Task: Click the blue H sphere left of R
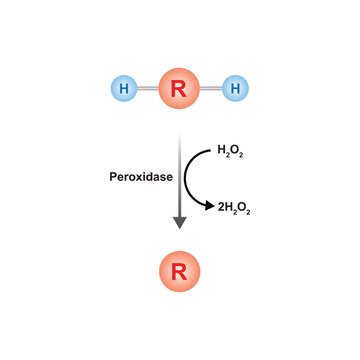point(124,88)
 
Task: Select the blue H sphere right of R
point(235,88)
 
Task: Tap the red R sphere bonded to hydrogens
point(179,88)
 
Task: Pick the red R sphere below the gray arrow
point(180,271)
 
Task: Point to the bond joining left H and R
point(148,88)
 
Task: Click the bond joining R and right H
point(211,88)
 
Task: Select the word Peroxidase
point(141,177)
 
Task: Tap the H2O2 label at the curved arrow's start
point(230,151)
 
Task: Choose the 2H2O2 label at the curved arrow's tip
point(234,209)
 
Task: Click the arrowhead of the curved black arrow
point(210,206)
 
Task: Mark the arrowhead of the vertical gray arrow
point(180,222)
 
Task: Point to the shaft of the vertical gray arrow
point(180,176)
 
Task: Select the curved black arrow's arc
point(185,177)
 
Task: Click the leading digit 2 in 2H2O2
point(221,208)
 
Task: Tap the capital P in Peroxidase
point(113,177)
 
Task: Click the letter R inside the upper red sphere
point(179,89)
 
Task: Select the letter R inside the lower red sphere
point(179,272)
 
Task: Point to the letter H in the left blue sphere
point(124,89)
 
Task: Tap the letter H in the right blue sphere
point(235,89)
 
